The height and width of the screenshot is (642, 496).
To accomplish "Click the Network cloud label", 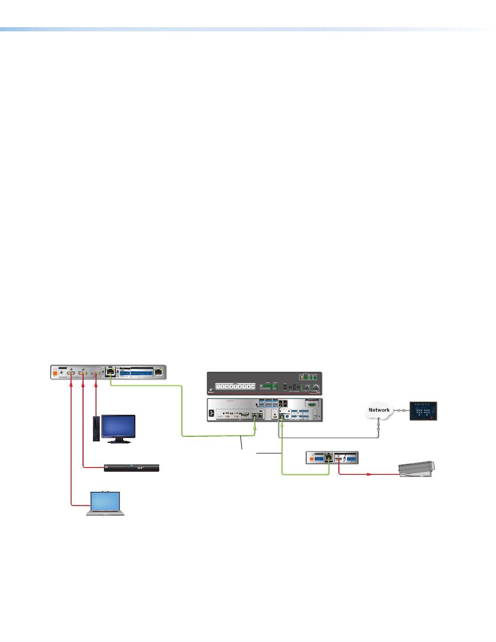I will click(379, 410).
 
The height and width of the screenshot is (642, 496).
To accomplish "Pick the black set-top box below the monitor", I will click(133, 468).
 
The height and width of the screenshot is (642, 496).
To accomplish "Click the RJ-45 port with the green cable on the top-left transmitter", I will click(110, 372).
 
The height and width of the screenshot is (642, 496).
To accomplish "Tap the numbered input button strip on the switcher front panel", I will click(236, 386).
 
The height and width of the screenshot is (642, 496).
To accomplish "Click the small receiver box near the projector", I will click(333, 458).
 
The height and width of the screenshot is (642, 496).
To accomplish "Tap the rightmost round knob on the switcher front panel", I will click(315, 387).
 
